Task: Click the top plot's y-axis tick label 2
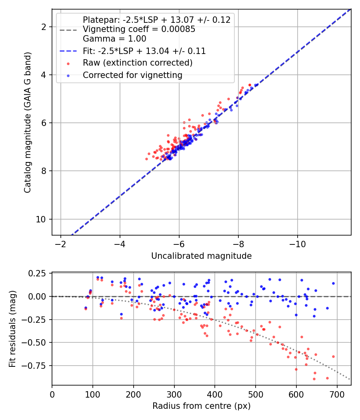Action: (x=44, y=27)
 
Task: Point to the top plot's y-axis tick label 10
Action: (x=41, y=219)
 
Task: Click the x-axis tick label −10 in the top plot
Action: (x=297, y=244)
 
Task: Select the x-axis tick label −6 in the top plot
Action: (x=179, y=244)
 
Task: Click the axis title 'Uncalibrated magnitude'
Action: (x=202, y=256)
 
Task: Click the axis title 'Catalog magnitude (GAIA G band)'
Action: (x=28, y=122)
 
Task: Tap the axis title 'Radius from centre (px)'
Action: (x=202, y=406)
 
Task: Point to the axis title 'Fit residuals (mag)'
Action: (x=12, y=329)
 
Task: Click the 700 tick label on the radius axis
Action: (x=337, y=394)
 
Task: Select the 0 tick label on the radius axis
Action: (x=52, y=394)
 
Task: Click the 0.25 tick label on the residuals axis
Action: (x=37, y=274)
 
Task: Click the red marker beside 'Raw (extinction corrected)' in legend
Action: (x=68, y=64)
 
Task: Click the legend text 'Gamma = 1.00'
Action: (x=114, y=39)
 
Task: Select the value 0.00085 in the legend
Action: (x=178, y=29)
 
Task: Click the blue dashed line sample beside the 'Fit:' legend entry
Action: (x=68, y=51)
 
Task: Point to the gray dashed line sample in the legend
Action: (x=68, y=30)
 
